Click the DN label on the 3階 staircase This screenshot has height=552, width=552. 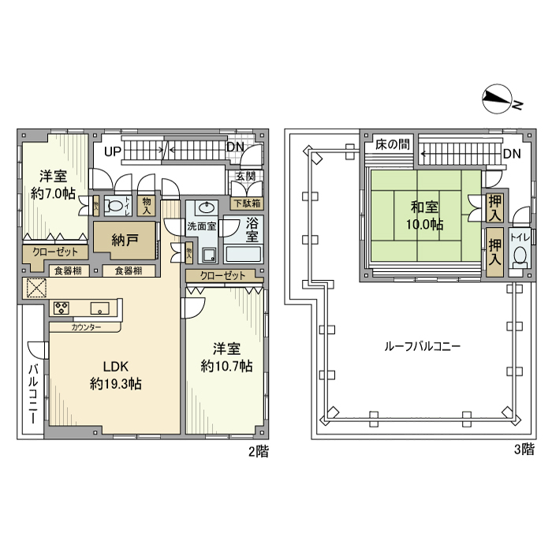point(511,154)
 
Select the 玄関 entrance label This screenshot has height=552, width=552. point(244,176)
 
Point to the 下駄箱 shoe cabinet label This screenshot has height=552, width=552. point(247,203)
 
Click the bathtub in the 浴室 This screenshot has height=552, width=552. point(243,254)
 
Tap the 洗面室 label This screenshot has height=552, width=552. point(201,226)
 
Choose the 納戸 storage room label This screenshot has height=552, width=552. point(124,241)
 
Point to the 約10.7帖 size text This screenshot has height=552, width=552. point(226,366)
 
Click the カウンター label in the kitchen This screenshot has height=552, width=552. point(85,326)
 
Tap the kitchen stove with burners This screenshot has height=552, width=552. point(62,308)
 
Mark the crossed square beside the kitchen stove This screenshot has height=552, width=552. point(35,289)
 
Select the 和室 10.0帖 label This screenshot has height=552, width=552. point(425,216)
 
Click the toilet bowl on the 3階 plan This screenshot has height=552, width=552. point(520,254)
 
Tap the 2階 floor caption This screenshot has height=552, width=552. point(258,452)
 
